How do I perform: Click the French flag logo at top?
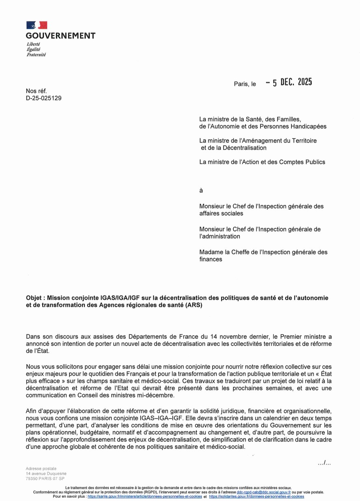[37, 25]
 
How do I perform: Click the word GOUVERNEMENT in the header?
[61, 36]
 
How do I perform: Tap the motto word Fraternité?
[36, 54]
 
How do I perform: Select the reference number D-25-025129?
[44, 98]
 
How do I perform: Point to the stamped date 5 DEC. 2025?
[289, 82]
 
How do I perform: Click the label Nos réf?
[37, 91]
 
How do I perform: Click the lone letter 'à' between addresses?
[201, 190]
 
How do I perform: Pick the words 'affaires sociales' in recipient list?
[221, 213]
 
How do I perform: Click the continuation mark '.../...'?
[324, 463]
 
